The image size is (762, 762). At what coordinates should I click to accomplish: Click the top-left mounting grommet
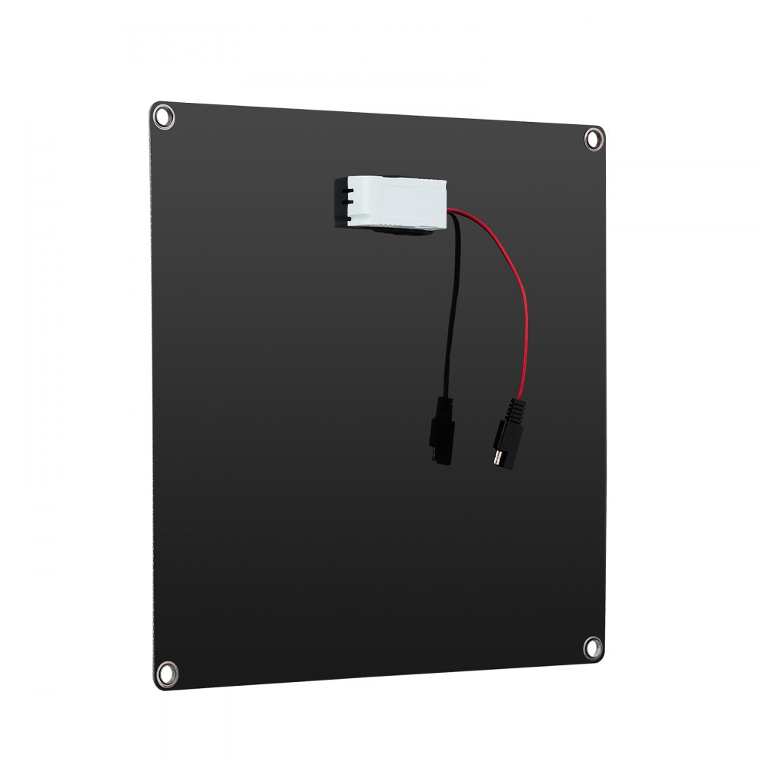(x=163, y=117)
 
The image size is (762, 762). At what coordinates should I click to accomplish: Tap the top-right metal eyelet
(x=593, y=138)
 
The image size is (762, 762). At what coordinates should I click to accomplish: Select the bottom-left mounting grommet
(x=165, y=672)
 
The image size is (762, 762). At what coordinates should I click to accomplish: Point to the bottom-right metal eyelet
(x=592, y=648)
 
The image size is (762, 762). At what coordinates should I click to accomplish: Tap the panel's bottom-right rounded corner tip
(x=602, y=657)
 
